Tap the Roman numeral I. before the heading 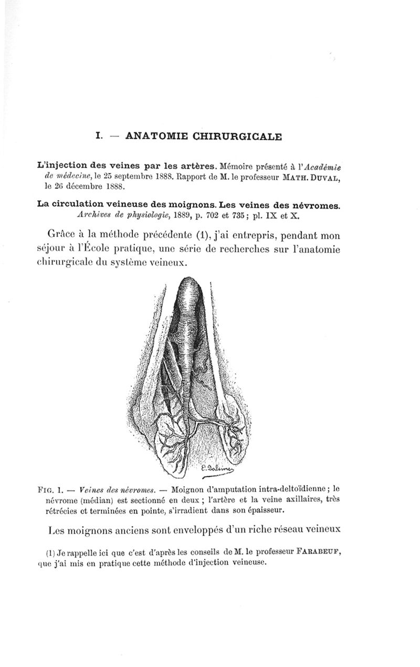(98, 136)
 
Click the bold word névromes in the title (313, 205)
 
